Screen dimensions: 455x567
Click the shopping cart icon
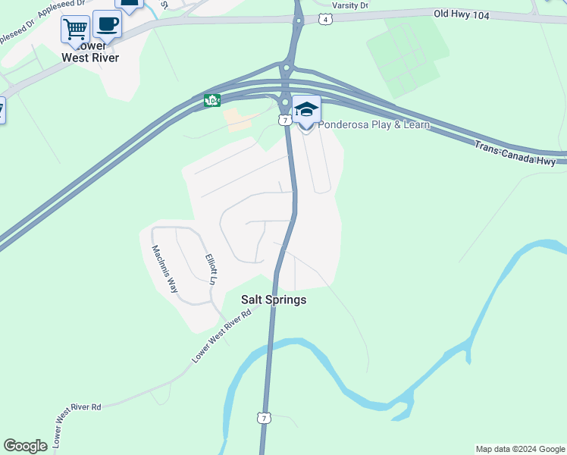pos(75,30)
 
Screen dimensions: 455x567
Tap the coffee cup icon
pos(107,24)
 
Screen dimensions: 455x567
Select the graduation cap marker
pos(306,110)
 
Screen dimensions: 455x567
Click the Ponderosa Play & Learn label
pos(373,125)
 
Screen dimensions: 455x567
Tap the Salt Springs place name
pos(274,300)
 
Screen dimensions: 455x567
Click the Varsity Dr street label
pos(350,5)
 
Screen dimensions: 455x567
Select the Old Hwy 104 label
pos(461,14)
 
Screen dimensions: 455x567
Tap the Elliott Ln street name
pos(212,269)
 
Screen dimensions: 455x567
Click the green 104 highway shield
pos(212,100)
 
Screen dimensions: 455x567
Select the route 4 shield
pos(324,20)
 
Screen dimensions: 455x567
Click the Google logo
pos(25,446)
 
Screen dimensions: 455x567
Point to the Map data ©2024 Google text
pos(520,449)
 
